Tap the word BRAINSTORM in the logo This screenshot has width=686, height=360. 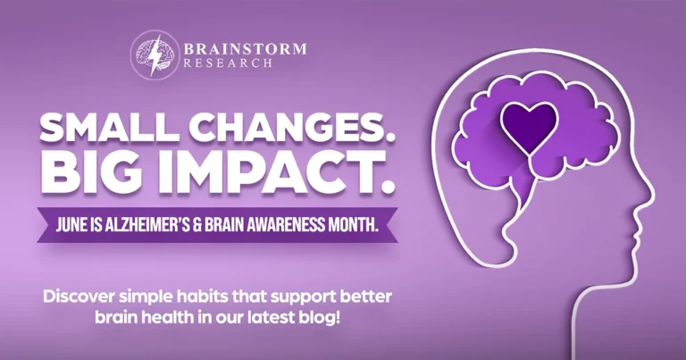243,48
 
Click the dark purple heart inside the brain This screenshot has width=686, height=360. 529,124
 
